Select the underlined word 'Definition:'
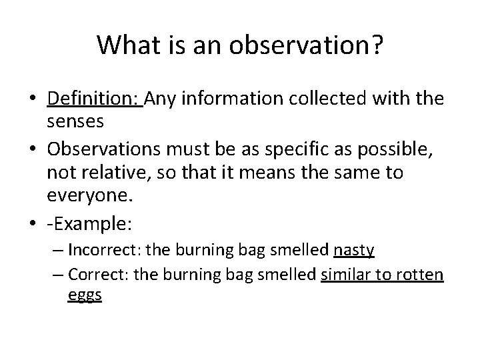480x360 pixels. coord(94,100)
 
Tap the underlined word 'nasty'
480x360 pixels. coord(353,250)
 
